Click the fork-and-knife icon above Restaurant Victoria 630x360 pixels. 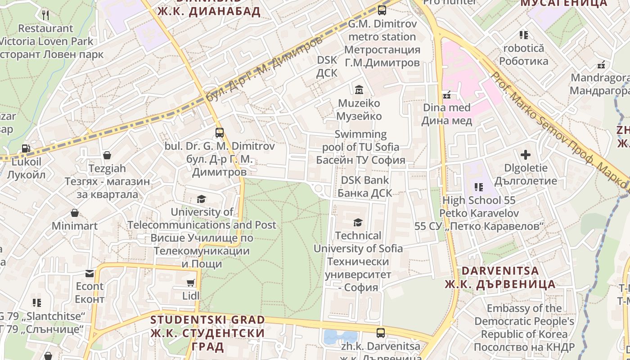pos(45,15)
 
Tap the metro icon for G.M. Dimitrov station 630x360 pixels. pos(382,10)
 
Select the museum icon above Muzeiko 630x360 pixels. pos(359,90)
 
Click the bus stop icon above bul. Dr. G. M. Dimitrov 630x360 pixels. pos(220,133)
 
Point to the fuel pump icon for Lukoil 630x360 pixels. pos(26,148)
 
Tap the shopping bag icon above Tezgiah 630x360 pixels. pos(107,155)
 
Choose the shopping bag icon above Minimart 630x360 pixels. pos(75,213)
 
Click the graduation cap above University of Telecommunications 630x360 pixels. pos(201,199)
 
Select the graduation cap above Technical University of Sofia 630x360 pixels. pos(358,222)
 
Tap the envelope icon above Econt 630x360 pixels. pos(90,273)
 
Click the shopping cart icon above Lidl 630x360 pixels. pos(191,283)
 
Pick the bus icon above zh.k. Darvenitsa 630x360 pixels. pos(381,333)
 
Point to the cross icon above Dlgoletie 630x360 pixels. pos(525,155)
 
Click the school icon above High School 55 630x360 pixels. pos(478,187)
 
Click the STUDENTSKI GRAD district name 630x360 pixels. pos(207,320)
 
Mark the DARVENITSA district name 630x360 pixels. pos(500,271)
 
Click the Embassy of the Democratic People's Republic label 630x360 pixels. pos(524,321)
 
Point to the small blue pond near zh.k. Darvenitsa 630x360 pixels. pos(340,337)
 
